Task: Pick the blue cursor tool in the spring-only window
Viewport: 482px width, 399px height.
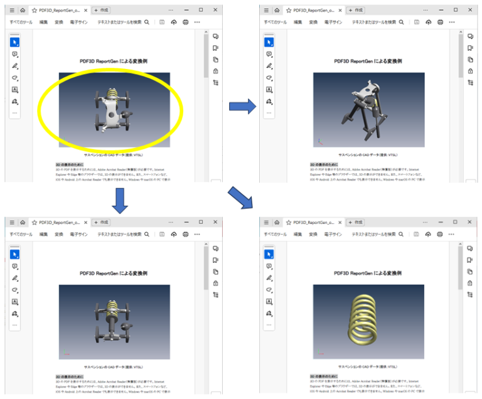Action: (269, 254)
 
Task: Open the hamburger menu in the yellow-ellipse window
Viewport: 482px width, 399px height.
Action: (12, 11)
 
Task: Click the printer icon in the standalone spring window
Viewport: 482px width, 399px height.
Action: (439, 234)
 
